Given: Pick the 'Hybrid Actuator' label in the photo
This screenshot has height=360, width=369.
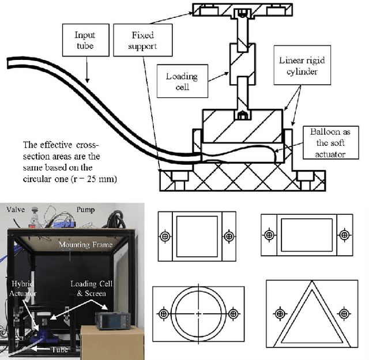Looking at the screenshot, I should (23, 289).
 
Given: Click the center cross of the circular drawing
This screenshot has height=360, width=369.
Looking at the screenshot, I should (199, 313).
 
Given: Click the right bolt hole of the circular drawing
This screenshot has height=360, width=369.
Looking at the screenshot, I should (234, 313).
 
